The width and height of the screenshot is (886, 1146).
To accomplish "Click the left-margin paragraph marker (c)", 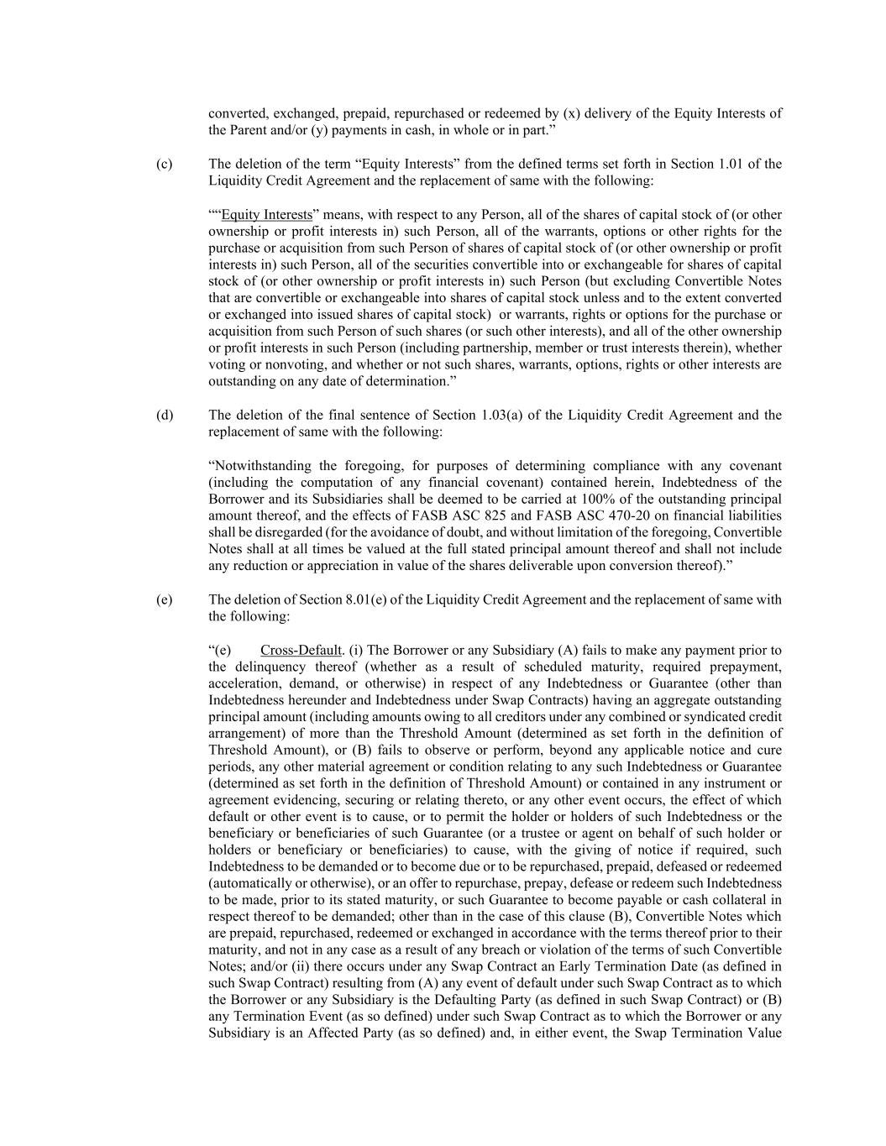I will (x=164, y=164).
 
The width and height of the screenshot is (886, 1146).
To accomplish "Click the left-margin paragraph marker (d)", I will (x=164, y=415).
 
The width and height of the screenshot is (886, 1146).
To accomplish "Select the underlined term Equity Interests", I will (x=266, y=215).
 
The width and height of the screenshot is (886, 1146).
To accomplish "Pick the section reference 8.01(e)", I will (x=379, y=599).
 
